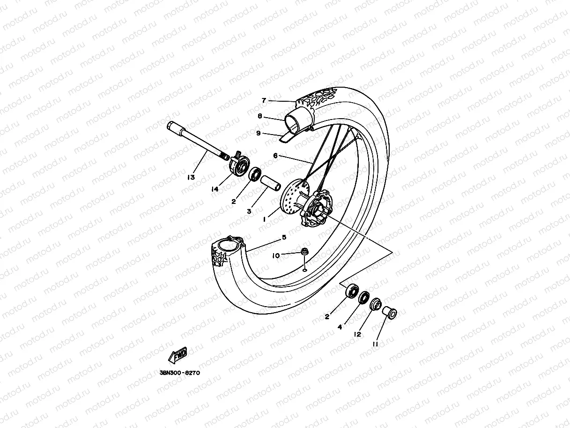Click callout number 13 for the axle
[x=191, y=177]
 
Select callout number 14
[x=215, y=189]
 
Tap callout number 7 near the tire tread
[x=264, y=100]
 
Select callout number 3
[x=249, y=211]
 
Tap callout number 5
[x=284, y=238]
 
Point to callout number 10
[x=276, y=255]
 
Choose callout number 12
[x=357, y=335]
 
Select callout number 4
[x=340, y=327]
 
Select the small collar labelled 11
[x=389, y=312]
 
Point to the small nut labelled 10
[x=304, y=252]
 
